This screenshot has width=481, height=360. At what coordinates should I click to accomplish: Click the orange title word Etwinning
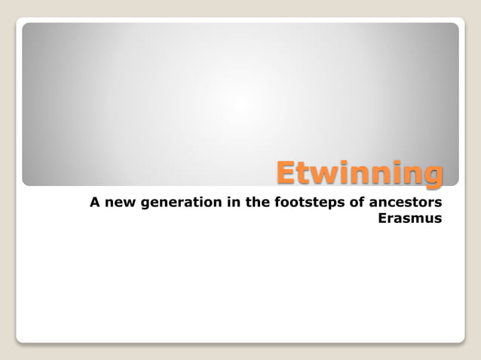358,172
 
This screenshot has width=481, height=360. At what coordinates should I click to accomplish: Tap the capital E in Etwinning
285,172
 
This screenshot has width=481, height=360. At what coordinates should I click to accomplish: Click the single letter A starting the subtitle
94,203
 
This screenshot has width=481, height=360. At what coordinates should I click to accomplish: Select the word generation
175,203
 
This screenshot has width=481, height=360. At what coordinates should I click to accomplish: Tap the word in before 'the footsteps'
224,203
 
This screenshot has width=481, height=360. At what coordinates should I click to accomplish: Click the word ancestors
403,203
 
